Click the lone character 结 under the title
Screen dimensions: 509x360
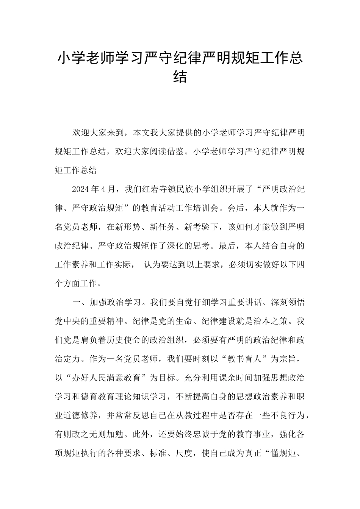pos(180,77)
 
